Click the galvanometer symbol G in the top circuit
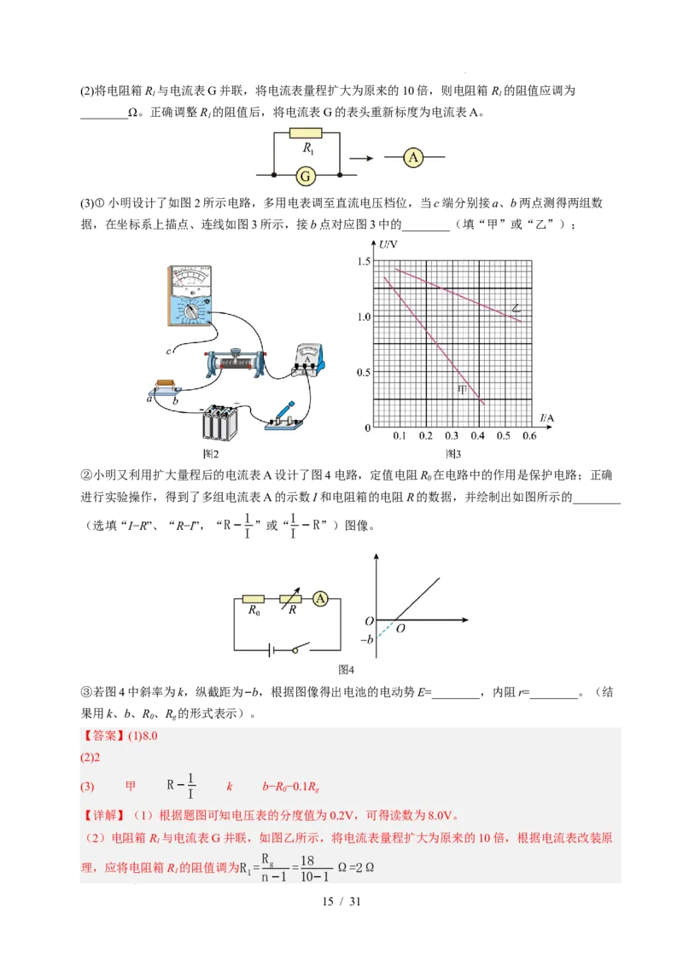pyautogui.click(x=306, y=176)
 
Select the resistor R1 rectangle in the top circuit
pyautogui.click(x=306, y=133)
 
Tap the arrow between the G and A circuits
pyautogui.click(x=363, y=158)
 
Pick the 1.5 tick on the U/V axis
pyautogui.click(x=365, y=261)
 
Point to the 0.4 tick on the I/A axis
pyautogui.click(x=477, y=436)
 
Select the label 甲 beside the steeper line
pyautogui.click(x=463, y=390)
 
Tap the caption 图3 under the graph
pyautogui.click(x=453, y=454)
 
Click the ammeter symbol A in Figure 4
pyautogui.click(x=321, y=599)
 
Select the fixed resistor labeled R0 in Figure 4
pyautogui.click(x=254, y=599)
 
